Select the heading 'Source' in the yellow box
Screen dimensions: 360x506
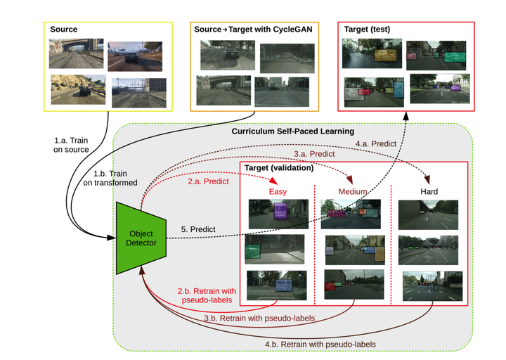64,30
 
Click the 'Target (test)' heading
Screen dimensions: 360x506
367,30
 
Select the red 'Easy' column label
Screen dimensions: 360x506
279,191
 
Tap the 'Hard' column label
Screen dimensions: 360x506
429,191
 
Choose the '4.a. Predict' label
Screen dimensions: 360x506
375,143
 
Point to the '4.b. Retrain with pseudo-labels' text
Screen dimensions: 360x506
320,344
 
